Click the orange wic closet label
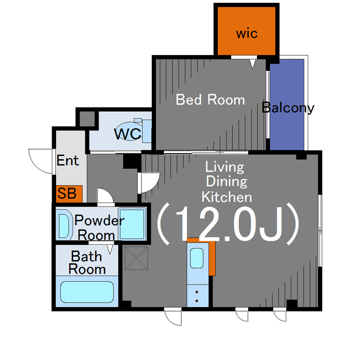click(x=247, y=34)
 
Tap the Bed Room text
click(x=210, y=100)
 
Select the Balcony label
click(x=288, y=107)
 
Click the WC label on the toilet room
click(x=128, y=134)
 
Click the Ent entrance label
click(x=67, y=160)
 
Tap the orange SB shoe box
click(x=69, y=193)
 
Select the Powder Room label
click(x=99, y=227)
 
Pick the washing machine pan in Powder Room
click(x=132, y=224)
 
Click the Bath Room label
click(x=87, y=263)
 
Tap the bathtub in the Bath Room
click(x=87, y=291)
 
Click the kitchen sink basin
click(x=197, y=258)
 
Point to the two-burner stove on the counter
click(x=197, y=296)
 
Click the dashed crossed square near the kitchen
click(x=136, y=258)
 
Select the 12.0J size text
click(x=228, y=223)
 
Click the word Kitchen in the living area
click(x=227, y=197)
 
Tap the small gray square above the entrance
click(x=87, y=119)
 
